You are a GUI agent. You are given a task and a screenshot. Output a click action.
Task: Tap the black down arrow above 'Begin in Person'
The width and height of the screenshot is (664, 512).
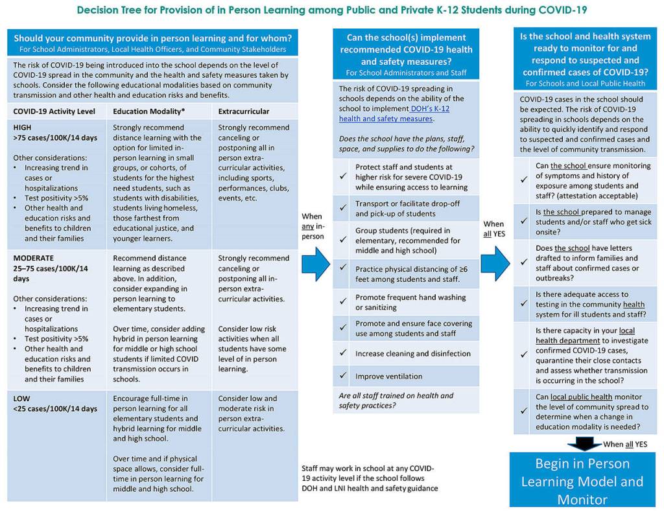(583, 444)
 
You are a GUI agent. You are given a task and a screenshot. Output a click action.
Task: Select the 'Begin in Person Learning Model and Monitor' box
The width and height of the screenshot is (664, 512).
(582, 481)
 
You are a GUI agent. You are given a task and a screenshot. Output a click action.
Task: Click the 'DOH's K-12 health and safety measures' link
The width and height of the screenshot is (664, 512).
(394, 113)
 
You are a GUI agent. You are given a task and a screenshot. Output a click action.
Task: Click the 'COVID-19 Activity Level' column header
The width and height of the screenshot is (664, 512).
(54, 111)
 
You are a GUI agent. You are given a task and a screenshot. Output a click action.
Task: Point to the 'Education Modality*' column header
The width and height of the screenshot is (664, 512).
(148, 111)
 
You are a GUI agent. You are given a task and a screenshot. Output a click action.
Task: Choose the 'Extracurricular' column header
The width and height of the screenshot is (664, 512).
(244, 111)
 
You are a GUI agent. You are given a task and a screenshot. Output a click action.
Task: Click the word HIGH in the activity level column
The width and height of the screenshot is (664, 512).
(23, 128)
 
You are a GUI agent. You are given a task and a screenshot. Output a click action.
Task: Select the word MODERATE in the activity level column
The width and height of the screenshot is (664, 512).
(34, 258)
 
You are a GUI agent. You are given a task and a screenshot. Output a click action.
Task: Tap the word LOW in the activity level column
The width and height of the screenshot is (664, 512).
(21, 399)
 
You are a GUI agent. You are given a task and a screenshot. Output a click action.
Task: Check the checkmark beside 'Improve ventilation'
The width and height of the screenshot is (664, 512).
(344, 376)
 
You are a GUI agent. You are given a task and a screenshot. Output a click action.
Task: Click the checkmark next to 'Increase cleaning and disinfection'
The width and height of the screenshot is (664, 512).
(344, 354)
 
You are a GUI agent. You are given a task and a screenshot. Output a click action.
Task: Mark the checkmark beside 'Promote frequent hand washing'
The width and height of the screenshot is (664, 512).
(344, 302)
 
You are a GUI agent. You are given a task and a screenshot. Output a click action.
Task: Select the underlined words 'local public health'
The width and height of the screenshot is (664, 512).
(582, 397)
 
